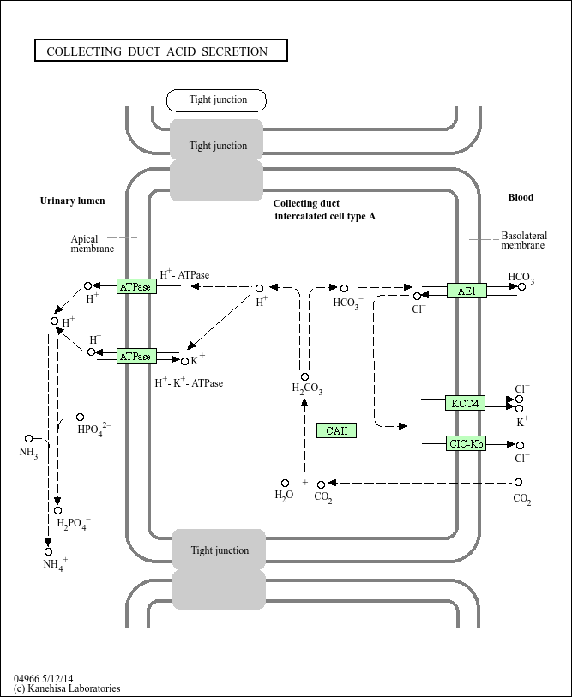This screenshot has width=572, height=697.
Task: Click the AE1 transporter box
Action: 467,291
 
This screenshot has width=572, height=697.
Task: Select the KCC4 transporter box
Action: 466,403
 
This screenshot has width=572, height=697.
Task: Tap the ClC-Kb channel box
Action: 466,443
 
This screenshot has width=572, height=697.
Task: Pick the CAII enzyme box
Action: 336,430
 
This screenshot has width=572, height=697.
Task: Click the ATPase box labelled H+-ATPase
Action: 136,286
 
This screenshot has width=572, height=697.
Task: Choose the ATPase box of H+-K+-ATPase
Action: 136,356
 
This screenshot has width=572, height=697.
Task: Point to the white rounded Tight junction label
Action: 216,100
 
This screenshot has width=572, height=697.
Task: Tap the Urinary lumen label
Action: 73,201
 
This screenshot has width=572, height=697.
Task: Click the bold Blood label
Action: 521,197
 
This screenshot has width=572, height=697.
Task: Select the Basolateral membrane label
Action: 524,240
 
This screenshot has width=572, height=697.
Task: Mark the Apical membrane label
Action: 92,243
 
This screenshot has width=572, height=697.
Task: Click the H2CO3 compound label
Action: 307,388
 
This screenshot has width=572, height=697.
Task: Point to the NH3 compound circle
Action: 28,438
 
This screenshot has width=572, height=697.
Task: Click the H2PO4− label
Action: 74,523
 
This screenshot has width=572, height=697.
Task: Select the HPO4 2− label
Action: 94,429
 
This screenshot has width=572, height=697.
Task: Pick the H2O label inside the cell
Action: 284,496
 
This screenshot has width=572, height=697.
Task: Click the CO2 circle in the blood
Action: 518,483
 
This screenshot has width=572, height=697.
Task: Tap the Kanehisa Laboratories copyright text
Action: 67,688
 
